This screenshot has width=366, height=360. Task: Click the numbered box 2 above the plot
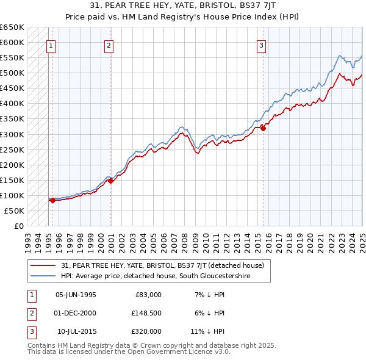coord(109,45)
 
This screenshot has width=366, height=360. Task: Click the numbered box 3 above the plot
coord(261,45)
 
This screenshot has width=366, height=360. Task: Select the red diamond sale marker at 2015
coord(264,128)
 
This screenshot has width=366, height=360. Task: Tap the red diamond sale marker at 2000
coord(110,181)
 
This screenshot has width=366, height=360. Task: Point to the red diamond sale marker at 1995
coord(52,200)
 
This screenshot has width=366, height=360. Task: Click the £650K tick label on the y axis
coord(12,27)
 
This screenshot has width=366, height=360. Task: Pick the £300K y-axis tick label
coord(12,134)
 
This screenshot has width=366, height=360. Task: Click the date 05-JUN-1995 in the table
coord(76,295)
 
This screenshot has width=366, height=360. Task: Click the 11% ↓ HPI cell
coord(207,331)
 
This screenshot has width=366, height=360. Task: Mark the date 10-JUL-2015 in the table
coord(76,331)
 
